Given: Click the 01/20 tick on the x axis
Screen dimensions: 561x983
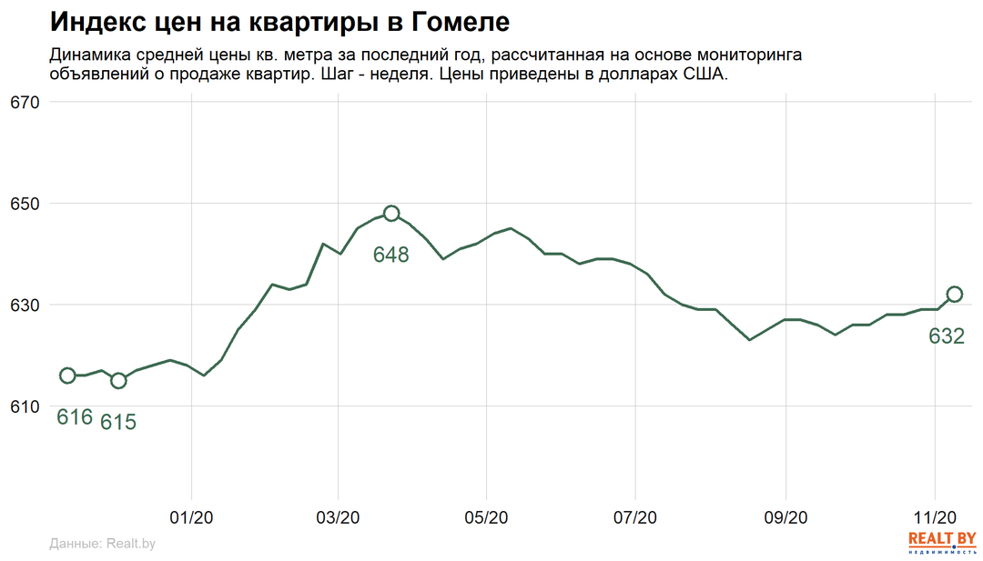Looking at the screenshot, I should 190,517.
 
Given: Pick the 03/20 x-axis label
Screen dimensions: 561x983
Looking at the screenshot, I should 338,517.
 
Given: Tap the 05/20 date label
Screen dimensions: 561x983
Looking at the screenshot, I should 486,517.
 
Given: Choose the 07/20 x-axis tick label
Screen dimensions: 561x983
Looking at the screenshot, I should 635,517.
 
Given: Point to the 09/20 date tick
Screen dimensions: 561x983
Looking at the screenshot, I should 785,517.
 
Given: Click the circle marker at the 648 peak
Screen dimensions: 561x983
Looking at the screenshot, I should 391,214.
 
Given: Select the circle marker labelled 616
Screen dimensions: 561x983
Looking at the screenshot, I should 67,376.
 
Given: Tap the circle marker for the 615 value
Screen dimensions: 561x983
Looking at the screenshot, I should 118,380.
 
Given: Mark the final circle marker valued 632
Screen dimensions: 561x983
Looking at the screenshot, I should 954,294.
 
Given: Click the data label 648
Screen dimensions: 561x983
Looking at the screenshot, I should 391,255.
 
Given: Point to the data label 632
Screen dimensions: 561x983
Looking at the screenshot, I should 947,336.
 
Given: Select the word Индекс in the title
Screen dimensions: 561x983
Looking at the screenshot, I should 95,22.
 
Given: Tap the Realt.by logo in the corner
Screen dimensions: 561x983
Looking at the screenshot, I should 942,542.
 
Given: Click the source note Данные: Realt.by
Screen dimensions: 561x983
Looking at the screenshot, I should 102,544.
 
